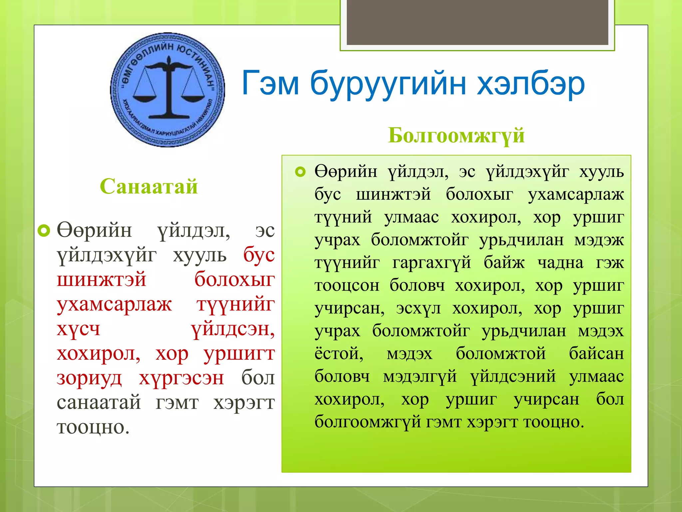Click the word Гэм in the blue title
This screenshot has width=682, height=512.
pos(270,83)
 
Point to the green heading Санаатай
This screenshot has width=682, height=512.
pos(149,186)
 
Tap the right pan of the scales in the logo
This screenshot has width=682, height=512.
pos(193,98)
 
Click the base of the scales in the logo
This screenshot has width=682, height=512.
pos(169,116)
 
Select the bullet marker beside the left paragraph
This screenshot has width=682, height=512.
pos(44,230)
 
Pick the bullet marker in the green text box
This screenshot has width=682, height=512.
pos(300,172)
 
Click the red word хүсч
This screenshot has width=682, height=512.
pos(79,329)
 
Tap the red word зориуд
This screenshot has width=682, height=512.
pos(89,379)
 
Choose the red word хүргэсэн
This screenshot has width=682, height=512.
pos(181,379)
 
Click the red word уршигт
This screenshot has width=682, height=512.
pos(239,354)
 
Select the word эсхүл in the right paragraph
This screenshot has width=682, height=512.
pos(418,308)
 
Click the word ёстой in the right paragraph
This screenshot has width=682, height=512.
pos(339,354)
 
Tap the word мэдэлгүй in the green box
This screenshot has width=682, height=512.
pos(420,377)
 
